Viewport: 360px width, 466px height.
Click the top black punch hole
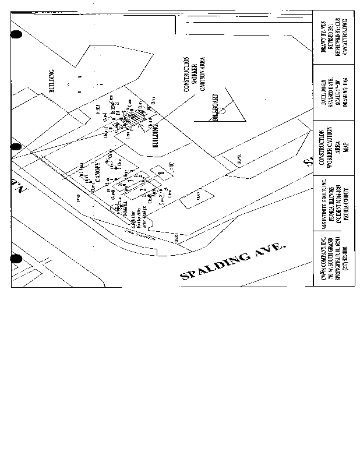pyautogui.click(x=16, y=35)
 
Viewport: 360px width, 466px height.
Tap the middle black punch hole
pyautogui.click(x=16, y=147)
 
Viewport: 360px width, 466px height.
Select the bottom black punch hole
pyautogui.click(x=16, y=258)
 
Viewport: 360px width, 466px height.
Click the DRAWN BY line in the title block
pyautogui.click(x=324, y=39)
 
